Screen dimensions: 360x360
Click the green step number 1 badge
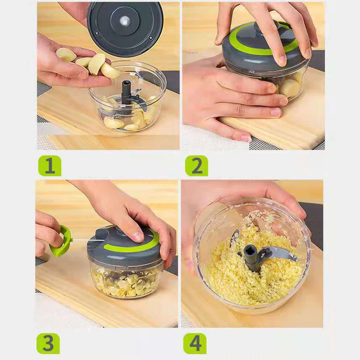(50, 166)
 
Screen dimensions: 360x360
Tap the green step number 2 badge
(197, 166)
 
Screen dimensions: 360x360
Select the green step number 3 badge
(48, 343)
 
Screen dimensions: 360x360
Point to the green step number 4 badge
(195, 343)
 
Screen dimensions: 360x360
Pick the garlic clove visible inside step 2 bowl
(290, 87)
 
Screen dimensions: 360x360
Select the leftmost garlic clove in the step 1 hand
(66, 55)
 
